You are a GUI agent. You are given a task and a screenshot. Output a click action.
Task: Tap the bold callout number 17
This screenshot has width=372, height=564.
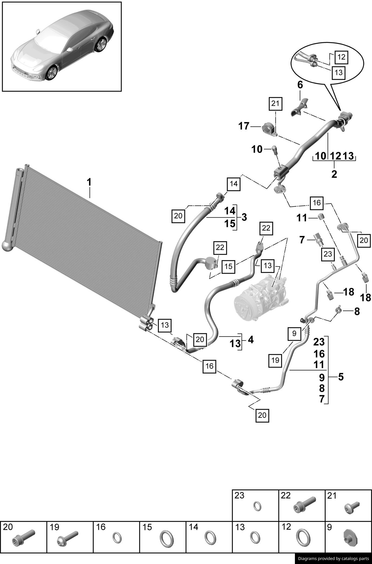click(244, 126)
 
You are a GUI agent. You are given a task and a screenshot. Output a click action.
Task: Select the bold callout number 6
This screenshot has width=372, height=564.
click(300, 85)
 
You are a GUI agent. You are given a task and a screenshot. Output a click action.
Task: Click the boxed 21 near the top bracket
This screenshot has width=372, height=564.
click(275, 104)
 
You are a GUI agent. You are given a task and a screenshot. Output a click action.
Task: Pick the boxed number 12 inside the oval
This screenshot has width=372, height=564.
click(341, 57)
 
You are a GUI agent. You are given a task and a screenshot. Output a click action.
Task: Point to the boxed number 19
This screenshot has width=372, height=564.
click(275, 360)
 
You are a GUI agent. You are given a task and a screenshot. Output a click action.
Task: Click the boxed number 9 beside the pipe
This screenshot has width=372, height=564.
click(294, 333)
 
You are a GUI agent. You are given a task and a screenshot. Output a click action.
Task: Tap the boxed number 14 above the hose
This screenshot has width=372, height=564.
click(233, 184)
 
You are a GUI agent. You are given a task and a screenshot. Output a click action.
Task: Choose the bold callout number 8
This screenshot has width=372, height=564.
click(357, 312)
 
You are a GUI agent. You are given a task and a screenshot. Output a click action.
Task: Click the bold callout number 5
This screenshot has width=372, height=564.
click(341, 377)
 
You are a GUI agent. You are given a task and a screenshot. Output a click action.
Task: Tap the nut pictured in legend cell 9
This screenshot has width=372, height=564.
click(351, 538)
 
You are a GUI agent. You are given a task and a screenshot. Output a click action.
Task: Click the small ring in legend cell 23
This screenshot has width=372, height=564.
click(257, 506)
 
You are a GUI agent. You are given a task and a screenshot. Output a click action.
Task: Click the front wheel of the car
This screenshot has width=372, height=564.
click(52, 73)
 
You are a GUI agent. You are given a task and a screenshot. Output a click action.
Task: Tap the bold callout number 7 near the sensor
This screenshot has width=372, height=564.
click(302, 239)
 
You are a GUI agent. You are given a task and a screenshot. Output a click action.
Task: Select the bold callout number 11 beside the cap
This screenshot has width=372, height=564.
click(302, 218)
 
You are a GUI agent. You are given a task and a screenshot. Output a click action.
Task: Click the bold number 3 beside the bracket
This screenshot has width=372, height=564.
click(244, 217)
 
